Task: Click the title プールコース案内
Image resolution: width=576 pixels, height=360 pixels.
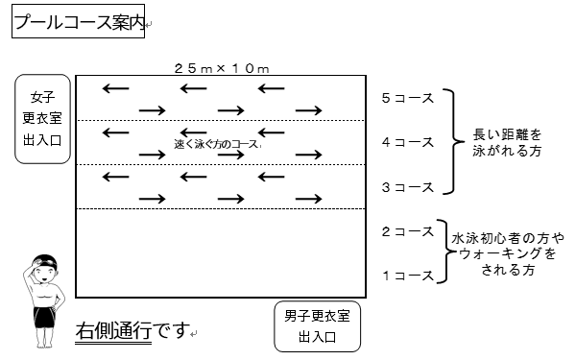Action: tap(79, 22)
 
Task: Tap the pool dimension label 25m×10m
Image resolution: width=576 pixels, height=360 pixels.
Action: tap(222, 68)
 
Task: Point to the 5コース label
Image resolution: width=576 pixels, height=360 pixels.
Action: tap(408, 98)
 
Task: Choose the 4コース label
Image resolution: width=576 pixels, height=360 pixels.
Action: tap(408, 142)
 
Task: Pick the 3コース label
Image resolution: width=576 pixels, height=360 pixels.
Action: tap(408, 187)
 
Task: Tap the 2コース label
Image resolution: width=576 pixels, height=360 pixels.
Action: tap(408, 231)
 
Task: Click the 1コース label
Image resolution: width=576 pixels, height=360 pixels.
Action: tap(408, 276)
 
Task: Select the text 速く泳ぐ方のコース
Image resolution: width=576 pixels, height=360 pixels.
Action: tap(217, 144)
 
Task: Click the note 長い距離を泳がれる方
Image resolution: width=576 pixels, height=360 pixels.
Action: tap(507, 142)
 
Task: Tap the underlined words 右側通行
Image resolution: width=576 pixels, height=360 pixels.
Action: tap(113, 330)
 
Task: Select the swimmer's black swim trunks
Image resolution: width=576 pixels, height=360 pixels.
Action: tap(45, 316)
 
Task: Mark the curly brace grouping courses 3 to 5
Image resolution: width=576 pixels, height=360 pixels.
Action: tap(454, 141)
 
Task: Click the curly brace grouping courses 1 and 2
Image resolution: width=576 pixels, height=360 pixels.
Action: tap(445, 252)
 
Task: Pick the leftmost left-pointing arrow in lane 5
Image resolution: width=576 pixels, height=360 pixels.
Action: tap(116, 88)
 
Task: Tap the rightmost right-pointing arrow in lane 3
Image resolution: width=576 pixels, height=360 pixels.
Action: tap(308, 199)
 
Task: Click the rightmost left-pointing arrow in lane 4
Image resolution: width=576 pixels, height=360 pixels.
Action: tap(271, 132)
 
